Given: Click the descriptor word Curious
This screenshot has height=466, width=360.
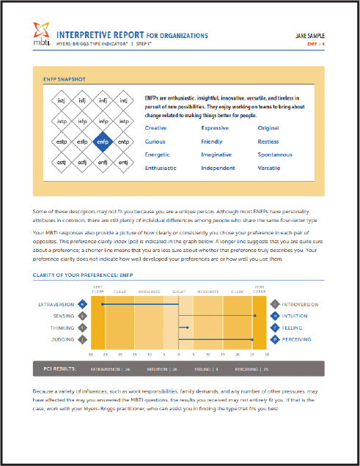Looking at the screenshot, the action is click(x=155, y=141).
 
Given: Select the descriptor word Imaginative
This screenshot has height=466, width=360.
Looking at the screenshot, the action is click(x=218, y=155).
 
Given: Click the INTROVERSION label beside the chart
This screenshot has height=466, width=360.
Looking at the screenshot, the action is click(x=301, y=303).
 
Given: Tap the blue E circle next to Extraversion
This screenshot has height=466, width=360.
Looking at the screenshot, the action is click(x=83, y=303).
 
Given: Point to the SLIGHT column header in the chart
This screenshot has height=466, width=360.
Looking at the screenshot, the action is click(x=178, y=292).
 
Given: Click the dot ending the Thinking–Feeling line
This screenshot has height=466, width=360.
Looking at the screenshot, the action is click(x=189, y=328).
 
